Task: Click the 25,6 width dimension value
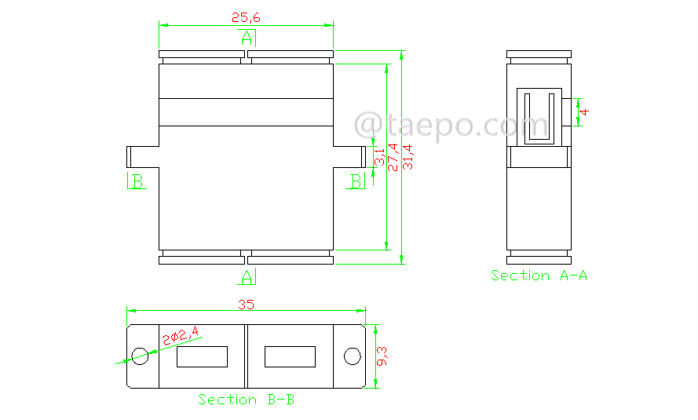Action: (x=246, y=17)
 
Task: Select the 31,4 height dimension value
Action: (x=407, y=157)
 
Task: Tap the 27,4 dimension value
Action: (x=393, y=157)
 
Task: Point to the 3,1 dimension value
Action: (x=379, y=157)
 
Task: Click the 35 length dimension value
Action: (x=246, y=305)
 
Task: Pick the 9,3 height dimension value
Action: (x=382, y=356)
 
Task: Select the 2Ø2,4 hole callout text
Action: (x=181, y=335)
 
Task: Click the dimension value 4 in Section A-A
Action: (x=584, y=111)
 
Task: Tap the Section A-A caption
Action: (x=539, y=276)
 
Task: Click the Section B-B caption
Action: (x=247, y=400)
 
